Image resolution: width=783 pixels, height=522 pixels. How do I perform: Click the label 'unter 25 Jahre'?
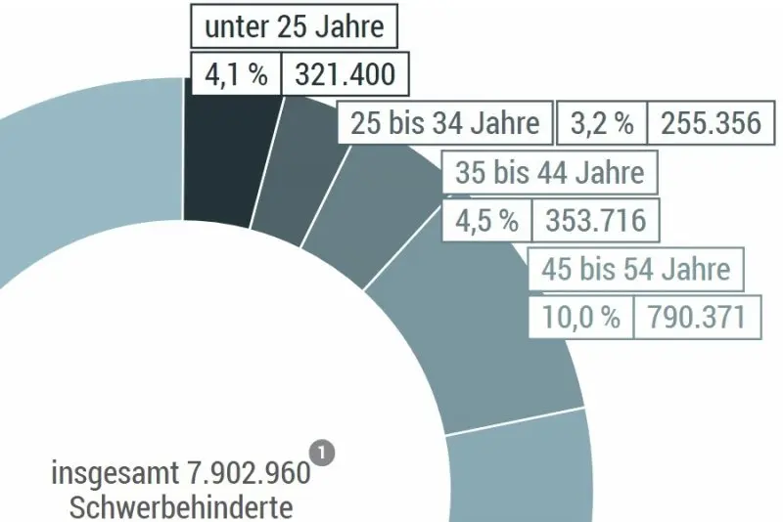[x=294, y=26]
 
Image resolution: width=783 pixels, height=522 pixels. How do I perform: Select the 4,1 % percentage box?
[x=235, y=74]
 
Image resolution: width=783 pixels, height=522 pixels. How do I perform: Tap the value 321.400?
[x=339, y=74]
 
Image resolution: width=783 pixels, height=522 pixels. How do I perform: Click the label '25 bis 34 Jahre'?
[x=444, y=123]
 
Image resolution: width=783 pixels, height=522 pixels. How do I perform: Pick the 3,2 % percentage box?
[x=601, y=123]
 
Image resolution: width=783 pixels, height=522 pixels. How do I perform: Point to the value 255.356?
[x=710, y=123]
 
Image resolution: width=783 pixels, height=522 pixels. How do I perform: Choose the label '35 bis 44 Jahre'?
[x=550, y=173]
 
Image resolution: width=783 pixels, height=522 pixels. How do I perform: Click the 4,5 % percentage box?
[x=486, y=220]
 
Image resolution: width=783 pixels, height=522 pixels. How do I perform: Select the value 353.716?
[x=595, y=220]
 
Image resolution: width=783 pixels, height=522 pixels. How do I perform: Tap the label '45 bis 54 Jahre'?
[x=635, y=269]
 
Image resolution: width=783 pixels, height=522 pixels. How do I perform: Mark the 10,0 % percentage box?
[x=581, y=317]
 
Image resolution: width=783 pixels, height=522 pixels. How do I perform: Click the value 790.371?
[x=696, y=317]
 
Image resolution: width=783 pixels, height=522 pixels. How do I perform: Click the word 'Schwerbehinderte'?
[x=181, y=507]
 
